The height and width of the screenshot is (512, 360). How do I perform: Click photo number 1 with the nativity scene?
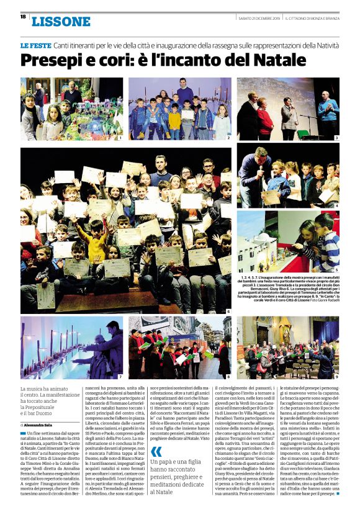click(71, 109)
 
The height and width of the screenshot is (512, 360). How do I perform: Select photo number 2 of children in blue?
click(179, 109)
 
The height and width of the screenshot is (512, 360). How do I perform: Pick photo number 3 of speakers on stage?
click(287, 109)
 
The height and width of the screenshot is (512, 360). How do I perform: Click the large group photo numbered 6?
click(125, 230)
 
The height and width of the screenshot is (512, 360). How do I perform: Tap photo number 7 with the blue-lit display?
click(71, 348)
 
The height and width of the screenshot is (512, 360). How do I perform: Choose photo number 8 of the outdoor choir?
click(179, 348)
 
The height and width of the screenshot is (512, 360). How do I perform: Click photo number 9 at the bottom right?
click(287, 348)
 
